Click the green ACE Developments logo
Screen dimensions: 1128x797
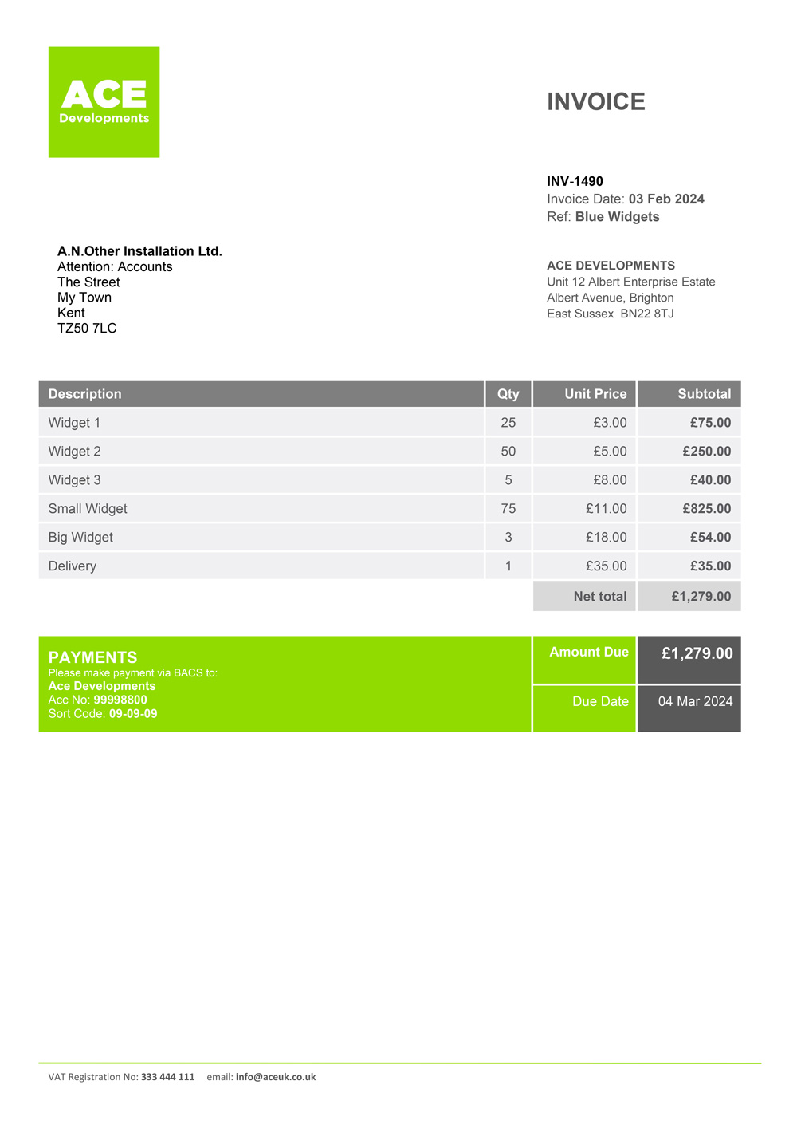click(104, 102)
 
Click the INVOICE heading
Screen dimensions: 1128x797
click(595, 102)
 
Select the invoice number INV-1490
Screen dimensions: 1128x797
click(575, 181)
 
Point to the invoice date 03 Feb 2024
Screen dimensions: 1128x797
click(666, 199)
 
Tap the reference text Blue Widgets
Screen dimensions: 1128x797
click(617, 217)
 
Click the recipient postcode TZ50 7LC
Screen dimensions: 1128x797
click(87, 328)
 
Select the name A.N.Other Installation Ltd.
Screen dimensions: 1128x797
click(139, 251)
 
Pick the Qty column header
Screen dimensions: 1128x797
click(508, 394)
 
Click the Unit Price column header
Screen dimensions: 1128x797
click(595, 394)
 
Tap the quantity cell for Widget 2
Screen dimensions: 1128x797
click(508, 452)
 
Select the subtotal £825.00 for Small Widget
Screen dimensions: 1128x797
click(706, 509)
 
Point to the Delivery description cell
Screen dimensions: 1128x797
click(73, 566)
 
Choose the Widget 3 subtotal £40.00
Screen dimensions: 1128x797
click(710, 480)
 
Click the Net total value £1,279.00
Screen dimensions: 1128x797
click(701, 597)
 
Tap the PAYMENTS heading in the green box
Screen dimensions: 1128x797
click(92, 657)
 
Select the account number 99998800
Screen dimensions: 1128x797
click(120, 700)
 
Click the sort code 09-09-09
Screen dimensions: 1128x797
click(133, 713)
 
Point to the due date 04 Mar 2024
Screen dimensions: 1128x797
click(695, 701)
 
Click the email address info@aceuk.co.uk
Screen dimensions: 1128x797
click(276, 1077)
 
